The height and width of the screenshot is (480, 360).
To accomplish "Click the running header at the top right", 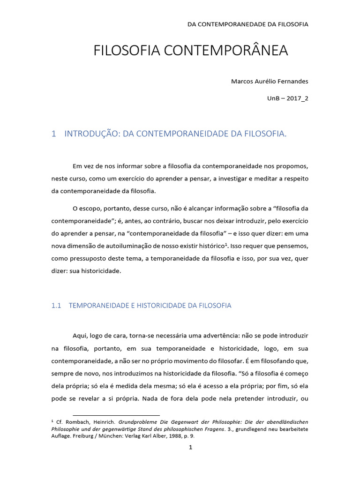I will point(247,24).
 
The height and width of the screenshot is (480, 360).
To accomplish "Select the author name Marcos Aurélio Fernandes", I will point(270,81).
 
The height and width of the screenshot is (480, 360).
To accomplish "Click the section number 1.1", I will point(56,305).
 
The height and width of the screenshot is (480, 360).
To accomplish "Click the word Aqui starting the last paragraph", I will point(80,336).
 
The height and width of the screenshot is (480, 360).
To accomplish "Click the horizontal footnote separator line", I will point(116,415).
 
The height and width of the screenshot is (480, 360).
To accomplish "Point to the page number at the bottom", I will point(190,448).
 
